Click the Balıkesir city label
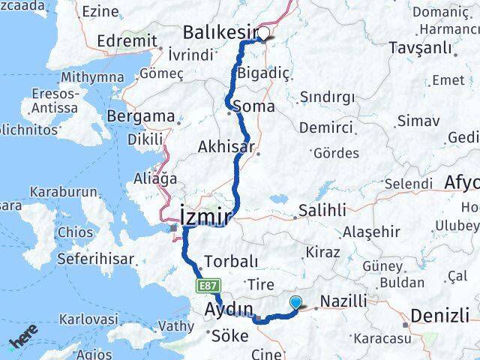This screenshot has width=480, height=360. tap(221, 34)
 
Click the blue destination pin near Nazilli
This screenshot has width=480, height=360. tap(297, 302)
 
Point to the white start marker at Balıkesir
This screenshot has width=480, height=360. tap(265, 33)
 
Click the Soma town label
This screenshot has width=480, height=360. tap(253, 106)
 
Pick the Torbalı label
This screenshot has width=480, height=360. tap(232, 262)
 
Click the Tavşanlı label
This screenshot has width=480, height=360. tap(420, 47)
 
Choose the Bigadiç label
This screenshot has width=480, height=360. tap(262, 73)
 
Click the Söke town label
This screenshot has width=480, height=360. tap(230, 335)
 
